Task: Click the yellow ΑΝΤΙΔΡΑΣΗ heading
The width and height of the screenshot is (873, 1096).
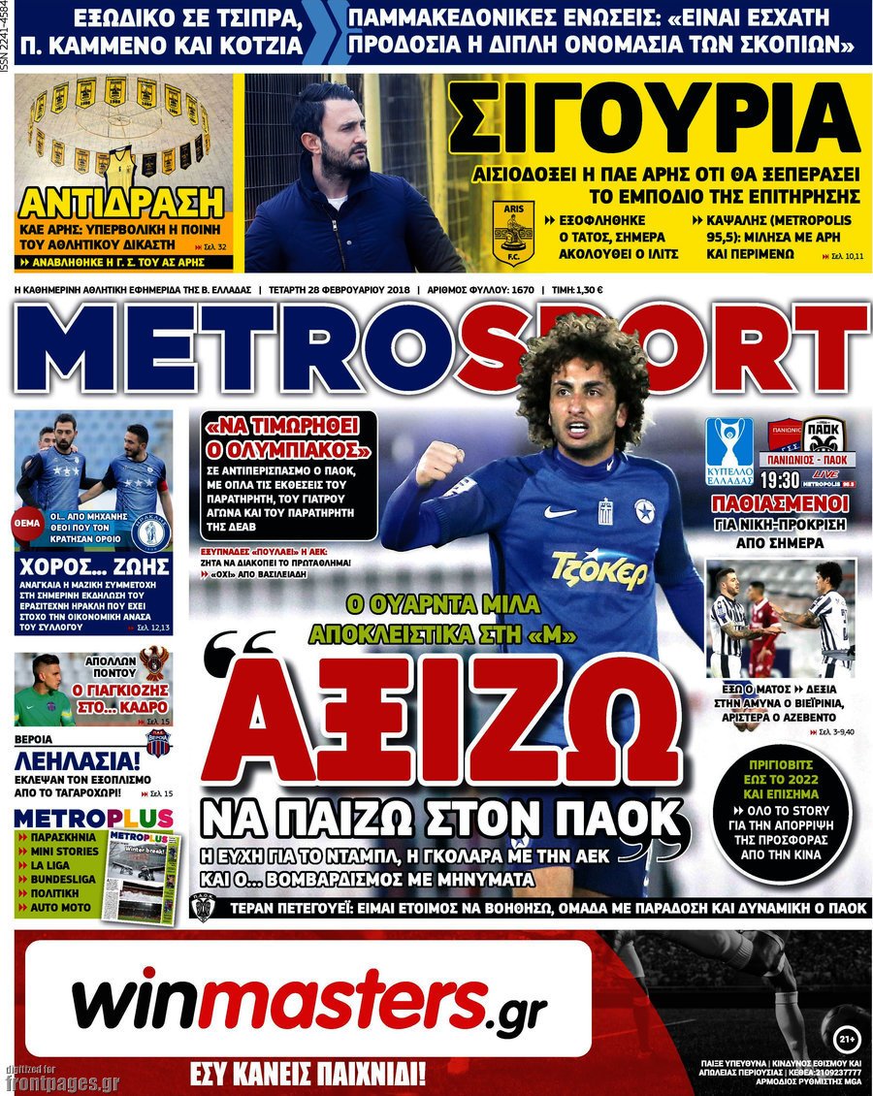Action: [121, 204]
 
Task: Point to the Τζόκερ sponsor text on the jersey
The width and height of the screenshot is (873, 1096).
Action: [598, 570]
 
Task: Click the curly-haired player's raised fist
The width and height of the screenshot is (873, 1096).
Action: [437, 464]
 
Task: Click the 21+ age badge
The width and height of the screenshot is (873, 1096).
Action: [846, 1040]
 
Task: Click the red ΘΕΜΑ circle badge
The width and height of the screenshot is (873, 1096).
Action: [26, 523]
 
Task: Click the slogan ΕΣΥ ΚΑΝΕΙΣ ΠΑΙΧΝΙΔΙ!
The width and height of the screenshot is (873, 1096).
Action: [308, 1075]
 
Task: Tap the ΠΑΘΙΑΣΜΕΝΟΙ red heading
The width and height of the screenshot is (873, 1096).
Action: [780, 503]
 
